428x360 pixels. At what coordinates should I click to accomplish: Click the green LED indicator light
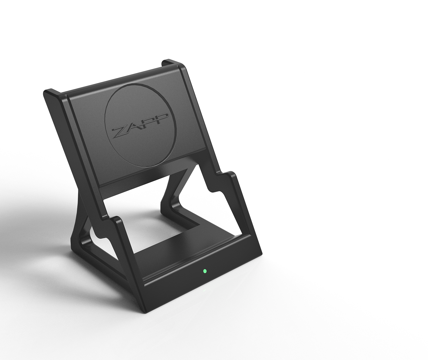[x=205, y=271]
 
